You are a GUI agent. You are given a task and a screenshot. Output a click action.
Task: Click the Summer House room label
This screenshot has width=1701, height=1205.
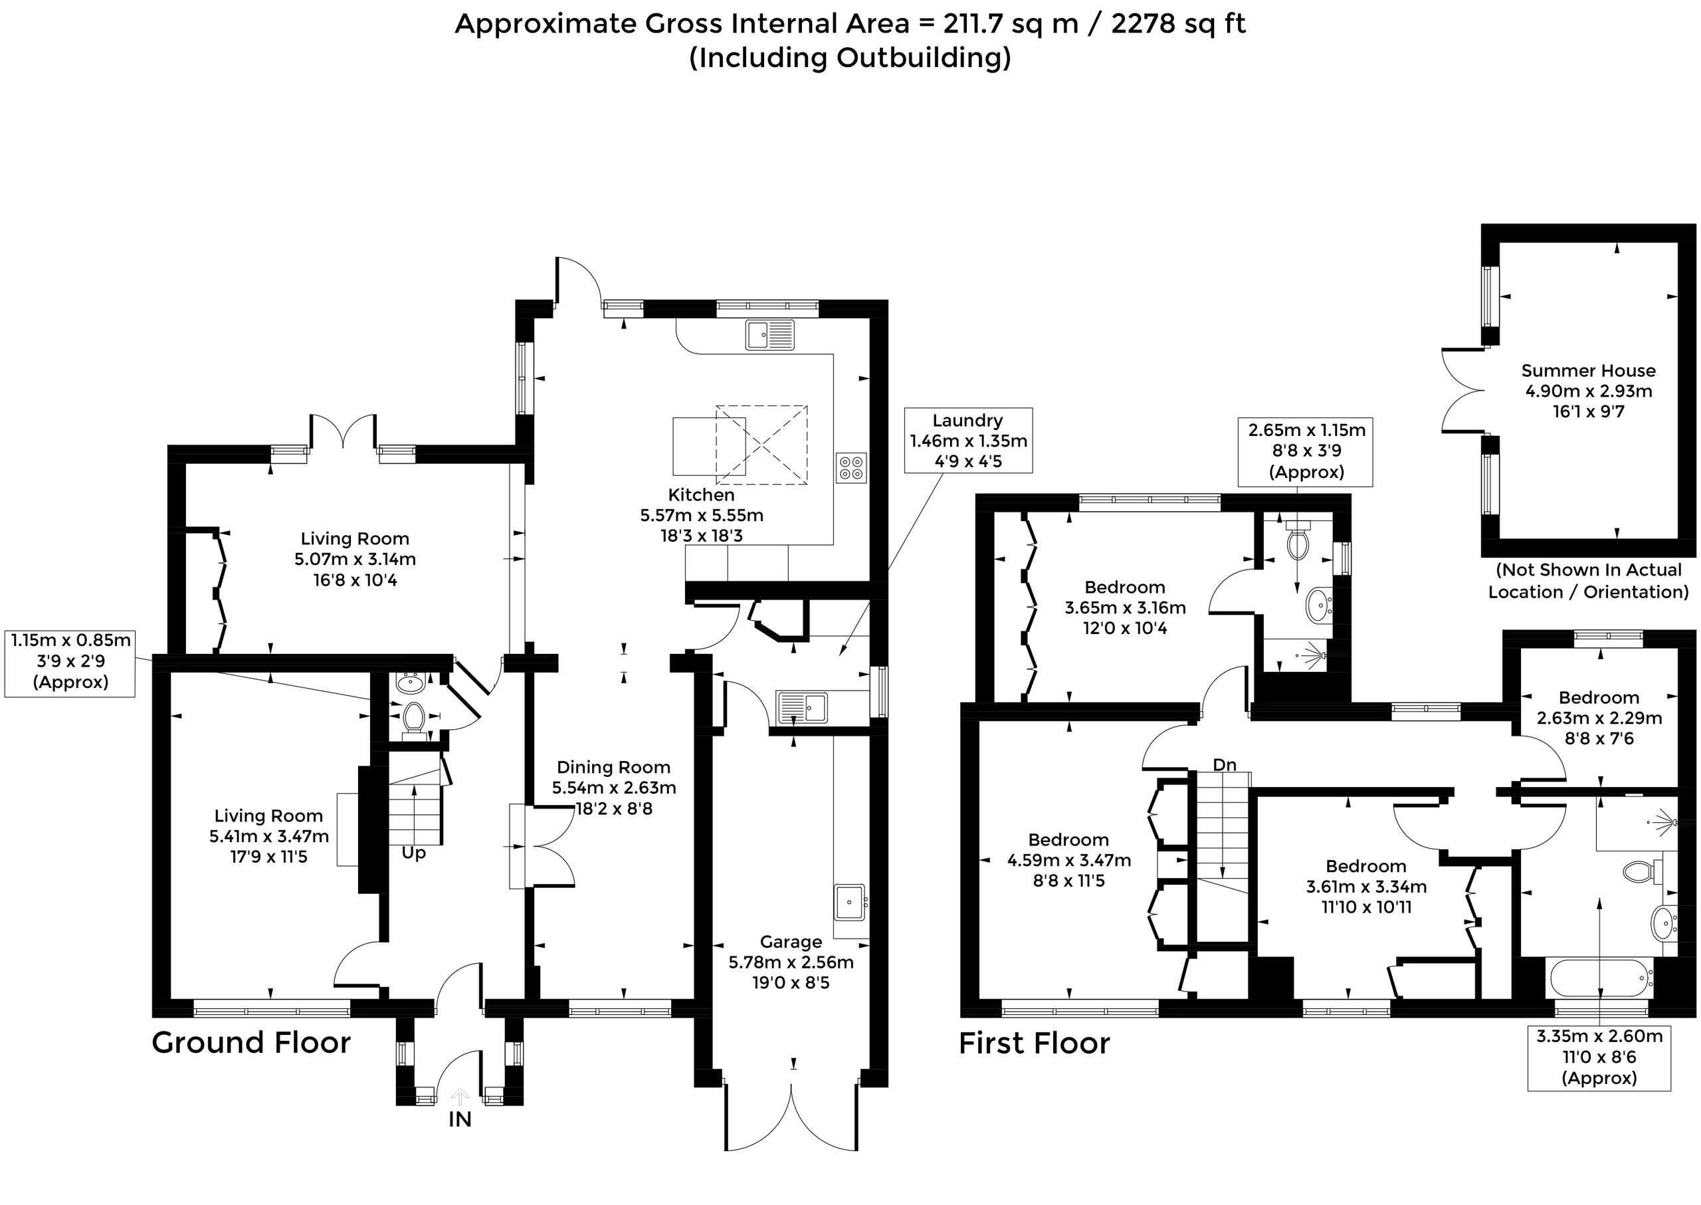click(x=1588, y=370)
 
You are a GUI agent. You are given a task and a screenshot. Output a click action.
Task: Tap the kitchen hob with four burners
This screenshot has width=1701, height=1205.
click(x=851, y=467)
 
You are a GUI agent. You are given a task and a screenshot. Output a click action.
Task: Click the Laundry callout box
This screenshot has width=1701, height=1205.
click(x=968, y=441)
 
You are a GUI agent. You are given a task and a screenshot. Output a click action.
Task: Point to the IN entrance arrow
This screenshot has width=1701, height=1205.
click(x=460, y=1097)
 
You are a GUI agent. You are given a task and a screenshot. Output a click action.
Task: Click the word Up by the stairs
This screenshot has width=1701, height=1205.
click(x=414, y=854)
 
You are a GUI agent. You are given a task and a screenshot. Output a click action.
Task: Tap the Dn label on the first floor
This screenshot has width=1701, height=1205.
click(x=1224, y=764)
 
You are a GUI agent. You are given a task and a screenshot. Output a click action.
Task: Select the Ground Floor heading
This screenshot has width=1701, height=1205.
click(x=250, y=1043)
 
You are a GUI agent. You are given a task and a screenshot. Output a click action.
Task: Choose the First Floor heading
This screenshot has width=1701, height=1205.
click(x=1034, y=1043)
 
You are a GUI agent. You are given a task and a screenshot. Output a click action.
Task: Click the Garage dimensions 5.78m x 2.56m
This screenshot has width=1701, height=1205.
click(x=791, y=962)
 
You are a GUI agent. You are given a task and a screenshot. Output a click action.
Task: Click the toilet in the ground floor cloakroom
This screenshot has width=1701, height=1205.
click(x=413, y=718)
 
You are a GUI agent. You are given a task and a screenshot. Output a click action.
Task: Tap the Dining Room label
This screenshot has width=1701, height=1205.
click(x=613, y=767)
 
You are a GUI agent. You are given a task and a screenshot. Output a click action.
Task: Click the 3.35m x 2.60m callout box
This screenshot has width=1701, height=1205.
click(x=1599, y=1057)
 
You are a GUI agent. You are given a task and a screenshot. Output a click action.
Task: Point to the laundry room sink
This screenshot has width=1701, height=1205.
click(x=802, y=707)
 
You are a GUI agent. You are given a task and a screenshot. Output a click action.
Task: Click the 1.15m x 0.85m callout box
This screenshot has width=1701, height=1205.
click(x=70, y=661)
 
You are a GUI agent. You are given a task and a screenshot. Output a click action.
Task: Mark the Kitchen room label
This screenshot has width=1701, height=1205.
click(x=701, y=495)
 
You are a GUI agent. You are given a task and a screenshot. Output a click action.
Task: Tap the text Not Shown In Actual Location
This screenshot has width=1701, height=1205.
click(x=1589, y=581)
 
